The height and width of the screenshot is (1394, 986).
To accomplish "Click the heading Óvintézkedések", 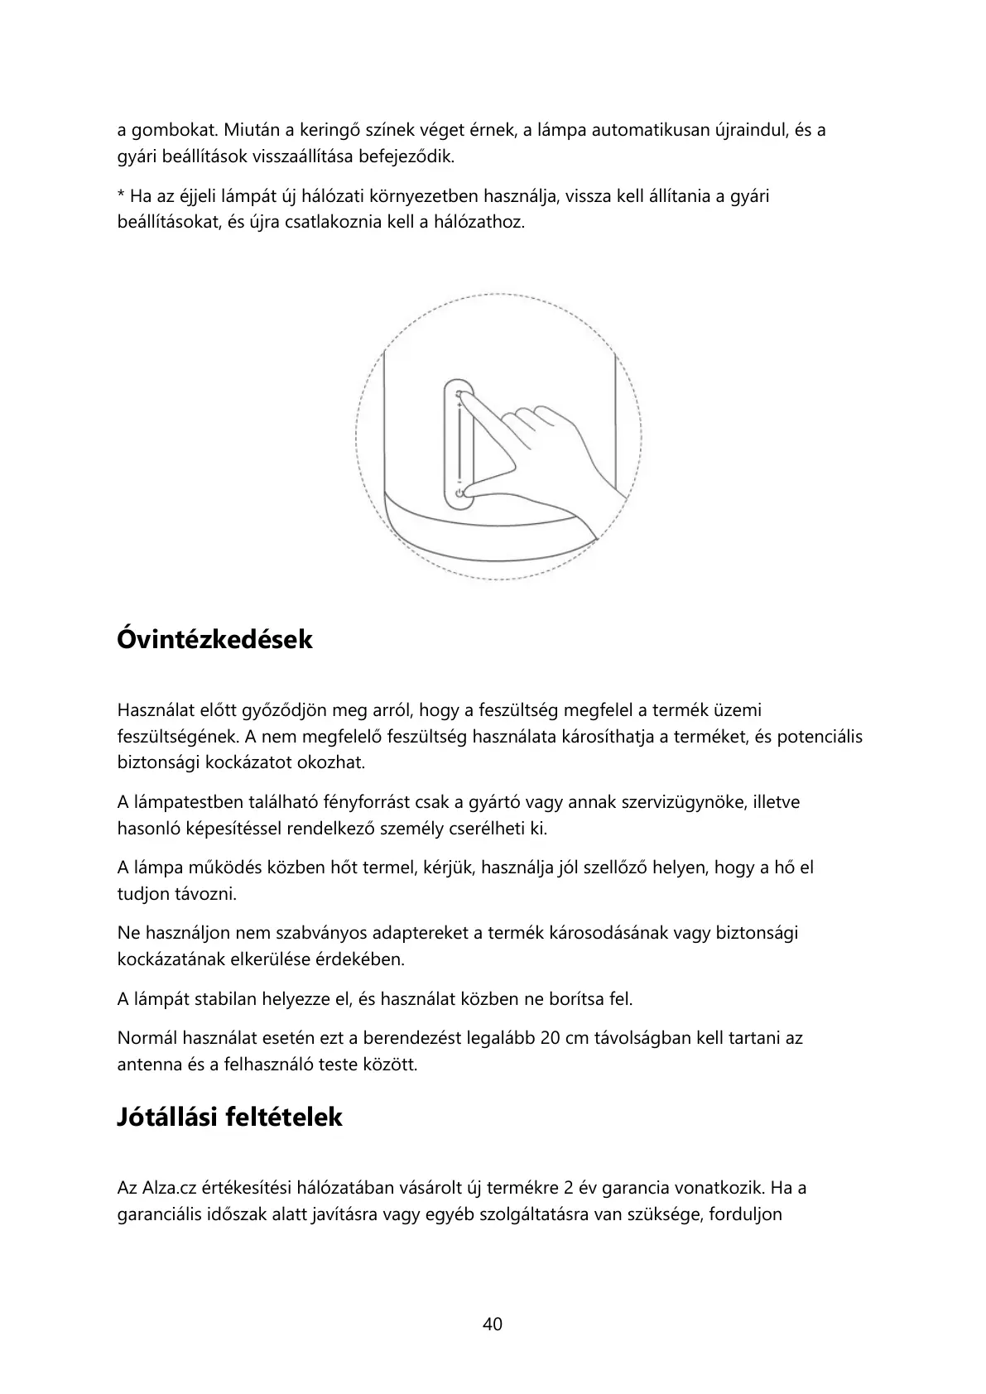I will (214, 640).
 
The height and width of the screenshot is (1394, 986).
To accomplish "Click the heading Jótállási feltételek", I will (229, 1118).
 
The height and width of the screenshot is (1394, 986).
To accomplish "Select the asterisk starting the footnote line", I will (121, 197).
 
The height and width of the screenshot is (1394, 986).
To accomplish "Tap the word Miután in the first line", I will (250, 131).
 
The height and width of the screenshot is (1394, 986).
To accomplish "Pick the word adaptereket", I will (421, 934).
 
